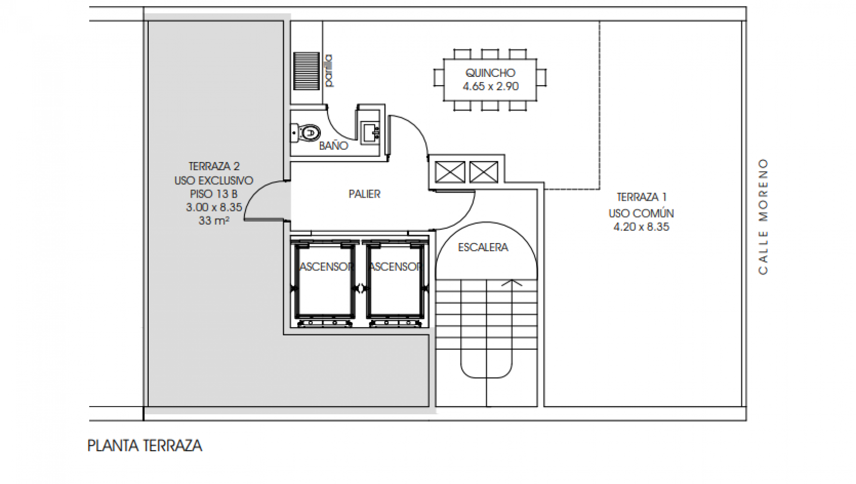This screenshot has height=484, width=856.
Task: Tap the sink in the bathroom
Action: (x=370, y=132)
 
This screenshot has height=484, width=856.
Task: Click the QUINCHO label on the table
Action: (x=490, y=73)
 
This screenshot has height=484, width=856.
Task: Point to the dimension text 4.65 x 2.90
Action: (x=490, y=87)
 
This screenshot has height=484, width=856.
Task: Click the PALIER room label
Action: (x=365, y=194)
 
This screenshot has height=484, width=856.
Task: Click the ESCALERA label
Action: (x=483, y=248)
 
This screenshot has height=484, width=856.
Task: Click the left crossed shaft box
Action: (x=450, y=172)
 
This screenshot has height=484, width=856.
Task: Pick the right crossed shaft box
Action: (x=483, y=172)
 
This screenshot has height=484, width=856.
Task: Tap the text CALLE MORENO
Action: (x=763, y=217)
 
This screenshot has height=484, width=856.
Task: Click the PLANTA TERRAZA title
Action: (x=145, y=446)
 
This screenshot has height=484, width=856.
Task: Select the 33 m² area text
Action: (x=214, y=221)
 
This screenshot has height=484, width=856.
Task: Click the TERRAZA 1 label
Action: (x=641, y=197)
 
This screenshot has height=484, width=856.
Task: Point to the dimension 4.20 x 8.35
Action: (x=641, y=227)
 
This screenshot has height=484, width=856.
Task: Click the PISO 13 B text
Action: (x=214, y=194)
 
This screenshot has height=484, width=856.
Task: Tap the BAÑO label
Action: (x=334, y=146)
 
